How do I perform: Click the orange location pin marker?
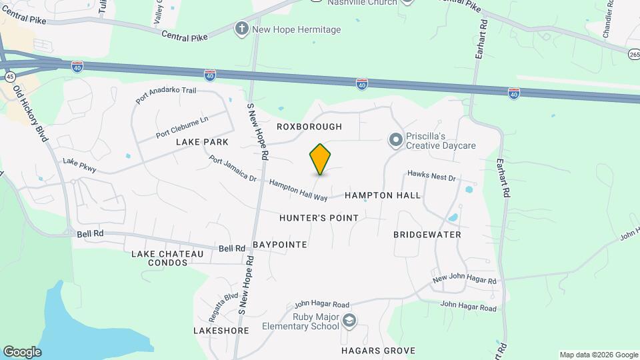[x=320, y=159]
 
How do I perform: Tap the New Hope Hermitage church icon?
[x=241, y=29]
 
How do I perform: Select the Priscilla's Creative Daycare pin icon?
[x=395, y=139]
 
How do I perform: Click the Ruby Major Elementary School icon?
[x=349, y=321]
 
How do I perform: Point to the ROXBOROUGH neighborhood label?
[x=309, y=127]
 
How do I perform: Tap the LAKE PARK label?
[x=202, y=142]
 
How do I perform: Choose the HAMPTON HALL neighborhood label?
[x=383, y=195]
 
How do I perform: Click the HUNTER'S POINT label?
[x=319, y=218]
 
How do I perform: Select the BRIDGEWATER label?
[x=427, y=235]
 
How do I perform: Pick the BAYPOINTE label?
[x=279, y=245]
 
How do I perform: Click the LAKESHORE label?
[x=216, y=331]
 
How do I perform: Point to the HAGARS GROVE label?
[x=378, y=351]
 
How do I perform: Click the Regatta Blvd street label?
[x=223, y=304]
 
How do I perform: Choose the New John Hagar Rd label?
[x=465, y=279]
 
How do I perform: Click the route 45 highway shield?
[x=10, y=77]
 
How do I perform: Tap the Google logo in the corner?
[x=22, y=352]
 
